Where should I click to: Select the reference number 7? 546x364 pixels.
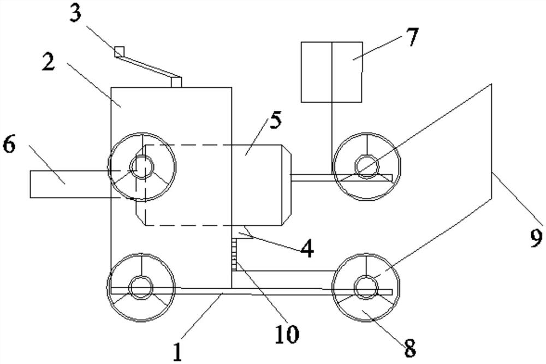click(x=411, y=38)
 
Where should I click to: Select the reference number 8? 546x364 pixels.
click(x=409, y=345)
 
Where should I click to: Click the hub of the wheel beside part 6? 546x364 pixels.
click(x=143, y=165)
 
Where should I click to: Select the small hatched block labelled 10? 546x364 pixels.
click(x=236, y=253)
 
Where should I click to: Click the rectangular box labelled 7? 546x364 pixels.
click(x=331, y=71)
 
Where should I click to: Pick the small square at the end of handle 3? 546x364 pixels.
click(x=119, y=52)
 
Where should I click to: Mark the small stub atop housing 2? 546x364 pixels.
click(x=176, y=82)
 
